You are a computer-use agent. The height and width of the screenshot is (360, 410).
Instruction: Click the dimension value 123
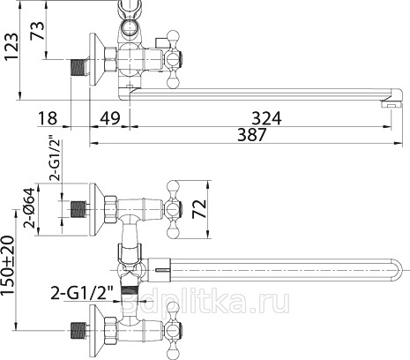[x=11, y=47]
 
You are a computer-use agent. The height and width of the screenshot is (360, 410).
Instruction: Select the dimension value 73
[x=37, y=30]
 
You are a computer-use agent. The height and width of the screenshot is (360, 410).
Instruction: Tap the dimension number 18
[x=48, y=118]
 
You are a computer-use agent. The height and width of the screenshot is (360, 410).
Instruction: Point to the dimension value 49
[x=110, y=118]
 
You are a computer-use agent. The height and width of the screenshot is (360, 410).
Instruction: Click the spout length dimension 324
[x=266, y=118]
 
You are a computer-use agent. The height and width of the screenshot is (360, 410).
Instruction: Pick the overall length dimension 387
[x=252, y=135]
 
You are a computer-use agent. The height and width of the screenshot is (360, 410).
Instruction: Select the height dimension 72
[x=199, y=209]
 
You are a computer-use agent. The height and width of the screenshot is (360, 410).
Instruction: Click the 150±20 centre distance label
[x=8, y=266]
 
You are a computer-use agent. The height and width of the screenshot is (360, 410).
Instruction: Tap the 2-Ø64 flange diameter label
[x=29, y=208]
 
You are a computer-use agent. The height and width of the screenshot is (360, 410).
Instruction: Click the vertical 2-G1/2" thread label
[x=55, y=158]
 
